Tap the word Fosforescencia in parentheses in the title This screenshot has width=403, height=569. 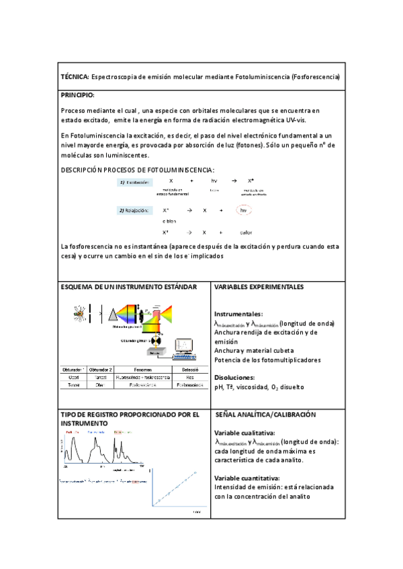[315, 77]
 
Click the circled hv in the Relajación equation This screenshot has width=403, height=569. [245, 211]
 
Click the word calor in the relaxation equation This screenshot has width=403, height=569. [246, 232]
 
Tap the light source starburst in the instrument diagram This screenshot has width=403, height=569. [80, 313]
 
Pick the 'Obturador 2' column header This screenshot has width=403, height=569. [101, 369]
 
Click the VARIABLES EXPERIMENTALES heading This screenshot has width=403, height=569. [259, 287]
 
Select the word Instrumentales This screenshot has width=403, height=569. [238, 314]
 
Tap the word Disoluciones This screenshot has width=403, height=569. [234, 377]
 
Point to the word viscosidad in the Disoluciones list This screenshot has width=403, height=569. [255, 387]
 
